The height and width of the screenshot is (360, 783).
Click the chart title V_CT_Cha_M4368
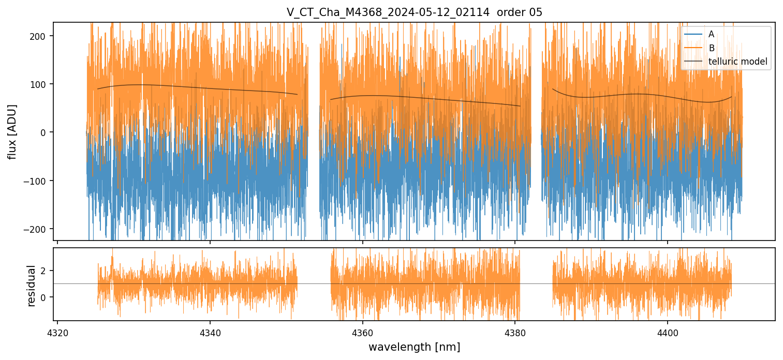(388, 12)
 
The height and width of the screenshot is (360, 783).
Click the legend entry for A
(711, 34)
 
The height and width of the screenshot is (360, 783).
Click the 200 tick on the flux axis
(41, 36)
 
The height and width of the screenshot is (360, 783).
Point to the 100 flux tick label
(41, 84)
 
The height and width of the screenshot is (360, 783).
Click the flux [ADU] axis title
(12, 132)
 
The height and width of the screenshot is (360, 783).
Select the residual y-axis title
(32, 286)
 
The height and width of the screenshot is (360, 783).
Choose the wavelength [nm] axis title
(414, 347)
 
